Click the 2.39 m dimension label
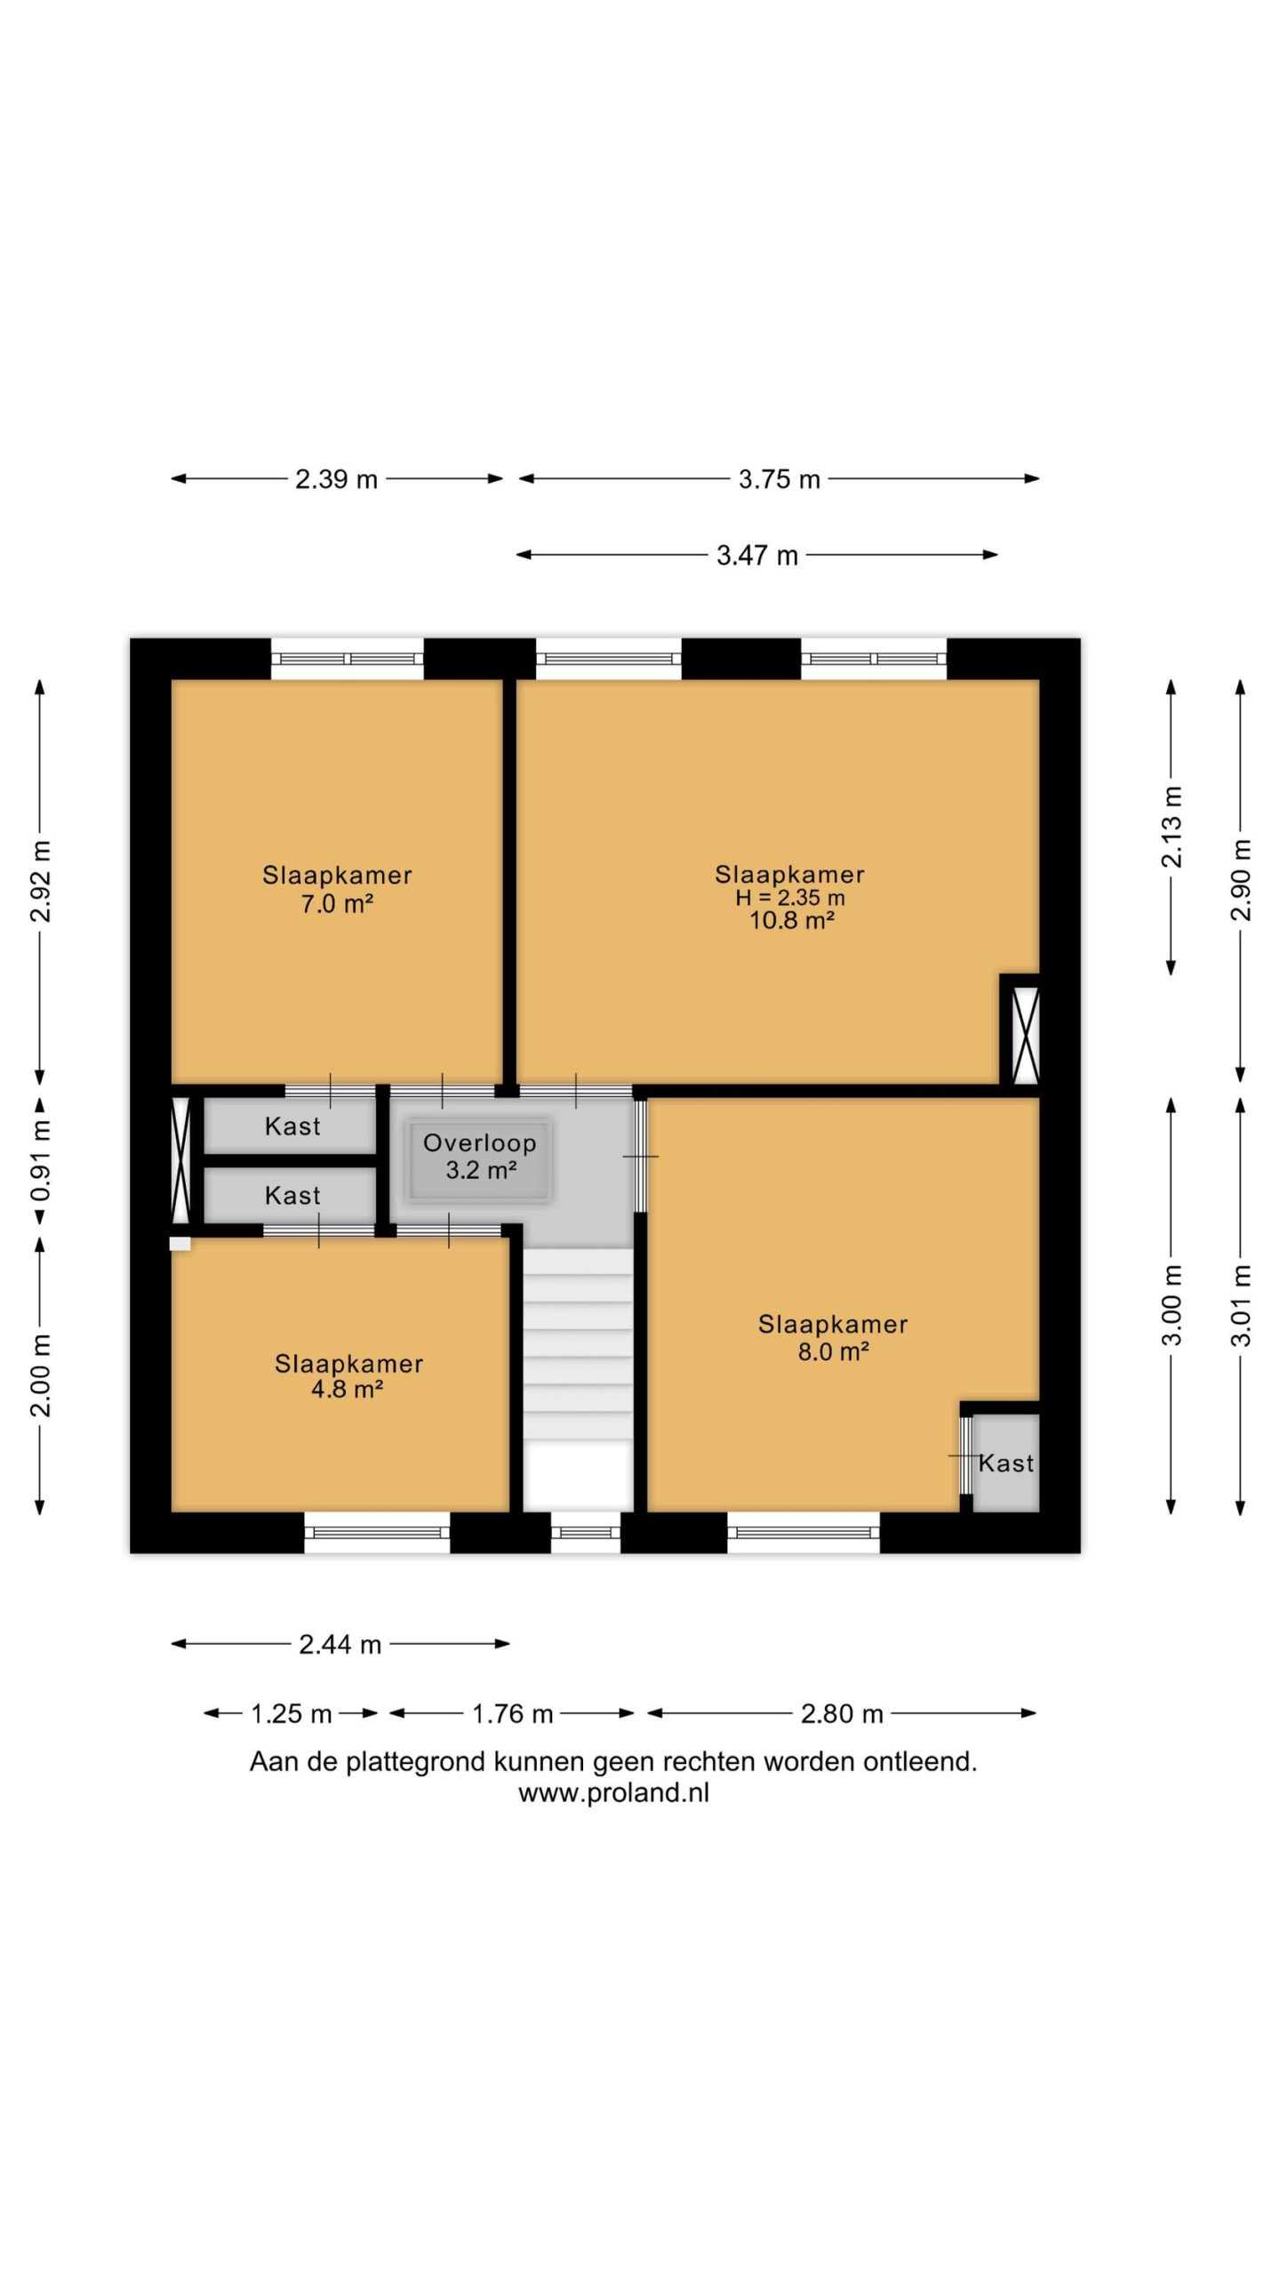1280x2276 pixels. [x=336, y=479]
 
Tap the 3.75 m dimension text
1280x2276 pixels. [x=779, y=479]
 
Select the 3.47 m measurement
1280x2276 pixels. [x=757, y=556]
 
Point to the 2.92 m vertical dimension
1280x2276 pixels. [x=41, y=881]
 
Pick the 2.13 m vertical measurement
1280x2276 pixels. [x=1172, y=827]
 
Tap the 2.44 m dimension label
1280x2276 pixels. [x=340, y=1645]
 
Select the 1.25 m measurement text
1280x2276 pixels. [x=291, y=1714]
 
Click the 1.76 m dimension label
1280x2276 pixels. [x=512, y=1714]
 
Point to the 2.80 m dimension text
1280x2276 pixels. [x=842, y=1714]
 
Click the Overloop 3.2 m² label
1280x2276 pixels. [x=480, y=1156]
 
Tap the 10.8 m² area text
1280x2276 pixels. [x=791, y=920]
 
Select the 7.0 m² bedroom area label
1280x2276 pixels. [x=337, y=904]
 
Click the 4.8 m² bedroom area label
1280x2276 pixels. [x=347, y=1389]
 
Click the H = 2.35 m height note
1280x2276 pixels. [x=789, y=898]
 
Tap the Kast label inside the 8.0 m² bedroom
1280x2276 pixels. [x=1006, y=1463]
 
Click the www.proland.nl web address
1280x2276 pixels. [x=613, y=1793]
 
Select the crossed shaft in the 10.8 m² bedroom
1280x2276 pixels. [x=1026, y=1035]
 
